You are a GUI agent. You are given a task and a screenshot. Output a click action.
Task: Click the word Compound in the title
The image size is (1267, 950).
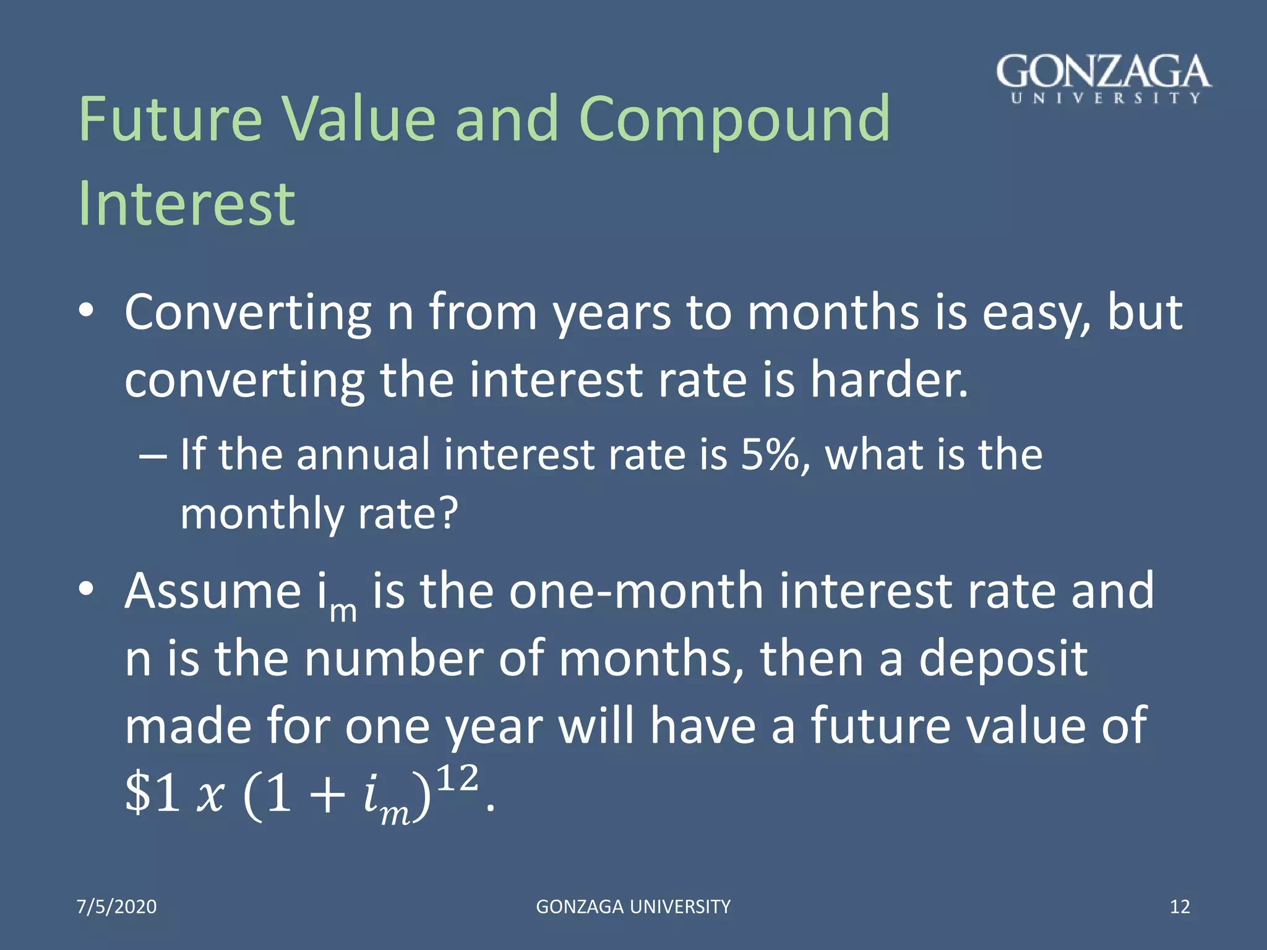[734, 119]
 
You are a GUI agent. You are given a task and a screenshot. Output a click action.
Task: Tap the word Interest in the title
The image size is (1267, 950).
[186, 204]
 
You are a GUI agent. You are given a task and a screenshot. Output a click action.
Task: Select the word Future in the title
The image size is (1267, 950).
[171, 119]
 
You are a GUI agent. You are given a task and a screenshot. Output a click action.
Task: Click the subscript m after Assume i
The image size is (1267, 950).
[343, 611]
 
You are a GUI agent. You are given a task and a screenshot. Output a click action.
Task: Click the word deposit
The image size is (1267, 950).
[1003, 659]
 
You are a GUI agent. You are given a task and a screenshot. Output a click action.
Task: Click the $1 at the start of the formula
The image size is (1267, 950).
[152, 794]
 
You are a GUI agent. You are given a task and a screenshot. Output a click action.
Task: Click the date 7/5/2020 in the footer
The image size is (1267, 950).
[116, 907]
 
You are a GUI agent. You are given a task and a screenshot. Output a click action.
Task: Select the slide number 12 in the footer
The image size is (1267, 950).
[1180, 907]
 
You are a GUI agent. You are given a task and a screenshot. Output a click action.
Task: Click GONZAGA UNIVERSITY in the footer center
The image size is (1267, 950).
[633, 907]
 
